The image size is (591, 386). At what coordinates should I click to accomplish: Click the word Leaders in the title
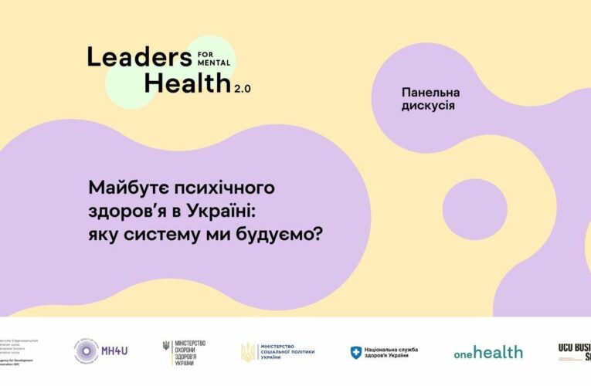(140, 56)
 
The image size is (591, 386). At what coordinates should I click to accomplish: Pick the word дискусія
(428, 106)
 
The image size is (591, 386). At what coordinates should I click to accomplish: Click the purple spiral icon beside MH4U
(87, 351)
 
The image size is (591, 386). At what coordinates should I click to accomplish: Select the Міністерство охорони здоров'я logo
(185, 351)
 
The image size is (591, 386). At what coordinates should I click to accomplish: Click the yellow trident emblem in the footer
(247, 352)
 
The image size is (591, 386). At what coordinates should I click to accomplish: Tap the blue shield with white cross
(356, 352)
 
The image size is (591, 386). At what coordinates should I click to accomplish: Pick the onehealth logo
(487, 352)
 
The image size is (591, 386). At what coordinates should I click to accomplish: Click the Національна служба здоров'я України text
(392, 352)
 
